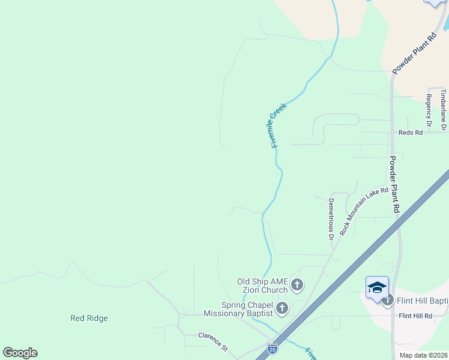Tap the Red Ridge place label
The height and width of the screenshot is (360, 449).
click(89, 318)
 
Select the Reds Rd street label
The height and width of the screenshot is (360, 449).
click(411, 132)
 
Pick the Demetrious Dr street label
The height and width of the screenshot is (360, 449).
click(330, 219)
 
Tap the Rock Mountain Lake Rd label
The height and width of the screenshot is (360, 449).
click(364, 211)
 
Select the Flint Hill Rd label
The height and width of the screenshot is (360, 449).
click(415, 316)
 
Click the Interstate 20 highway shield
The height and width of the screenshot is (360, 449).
click(272, 347)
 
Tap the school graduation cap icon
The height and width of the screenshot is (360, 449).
click(377, 287)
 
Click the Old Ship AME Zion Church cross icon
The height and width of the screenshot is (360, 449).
click(297, 284)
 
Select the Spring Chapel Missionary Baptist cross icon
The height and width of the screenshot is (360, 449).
click(282, 309)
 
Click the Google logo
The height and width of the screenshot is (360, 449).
click(20, 353)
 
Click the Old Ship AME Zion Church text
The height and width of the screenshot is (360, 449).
click(262, 286)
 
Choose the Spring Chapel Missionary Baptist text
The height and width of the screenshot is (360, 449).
click(238, 308)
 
